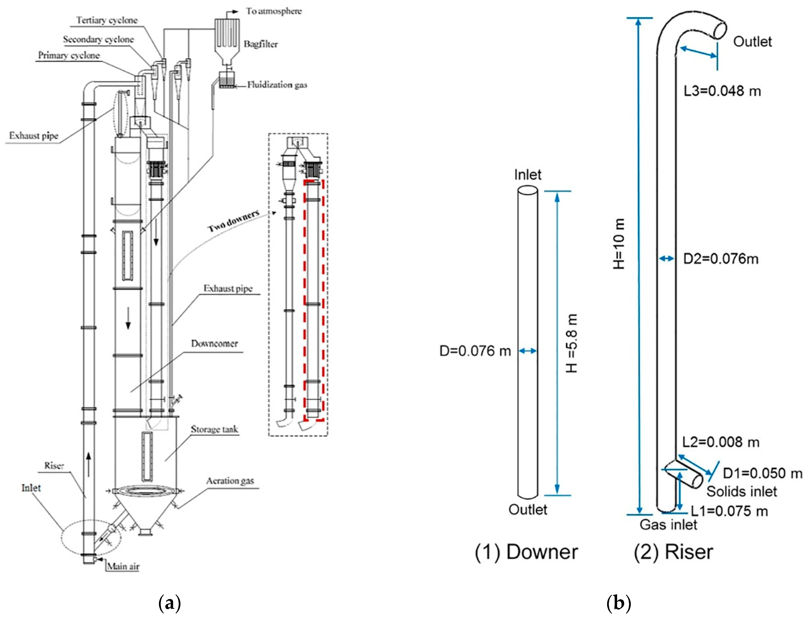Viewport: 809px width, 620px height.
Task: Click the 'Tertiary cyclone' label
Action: (107, 20)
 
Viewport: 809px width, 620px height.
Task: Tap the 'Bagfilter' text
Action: (260, 44)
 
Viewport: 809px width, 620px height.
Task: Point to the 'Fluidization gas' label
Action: (277, 85)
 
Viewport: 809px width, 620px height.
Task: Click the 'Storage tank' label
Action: (214, 429)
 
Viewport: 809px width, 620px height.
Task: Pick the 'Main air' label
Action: (123, 566)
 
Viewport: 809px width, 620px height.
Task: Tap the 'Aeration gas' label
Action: (230, 481)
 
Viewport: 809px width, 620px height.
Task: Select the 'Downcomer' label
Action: (214, 344)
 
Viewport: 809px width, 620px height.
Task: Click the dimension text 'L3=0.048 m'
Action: (722, 91)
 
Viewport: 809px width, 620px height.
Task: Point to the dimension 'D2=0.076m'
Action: (720, 259)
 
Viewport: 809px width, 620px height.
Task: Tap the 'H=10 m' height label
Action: (619, 243)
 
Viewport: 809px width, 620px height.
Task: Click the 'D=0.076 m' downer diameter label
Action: (475, 351)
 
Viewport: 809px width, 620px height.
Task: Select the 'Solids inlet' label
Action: (741, 492)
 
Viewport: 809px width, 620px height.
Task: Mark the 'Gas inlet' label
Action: (668, 525)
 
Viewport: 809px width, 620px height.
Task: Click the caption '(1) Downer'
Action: (526, 552)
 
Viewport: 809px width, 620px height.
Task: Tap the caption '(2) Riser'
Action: (673, 552)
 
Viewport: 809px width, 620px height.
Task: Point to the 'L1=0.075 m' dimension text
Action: (729, 511)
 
